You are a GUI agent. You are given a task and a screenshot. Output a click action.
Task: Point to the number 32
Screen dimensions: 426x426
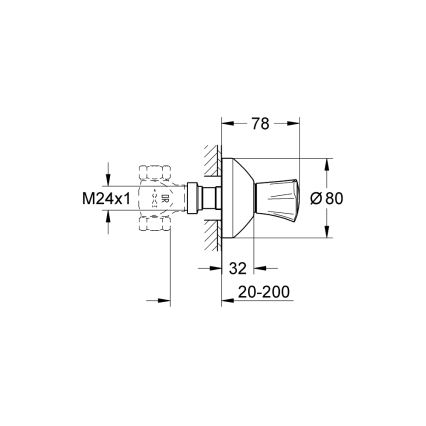click(238, 267)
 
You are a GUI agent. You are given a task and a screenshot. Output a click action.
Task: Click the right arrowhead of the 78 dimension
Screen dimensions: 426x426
click(296, 123)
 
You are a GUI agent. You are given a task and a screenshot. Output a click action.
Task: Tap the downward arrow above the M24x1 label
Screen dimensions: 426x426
click(107, 179)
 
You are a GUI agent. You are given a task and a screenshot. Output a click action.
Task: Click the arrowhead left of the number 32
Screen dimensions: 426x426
click(226, 268)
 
